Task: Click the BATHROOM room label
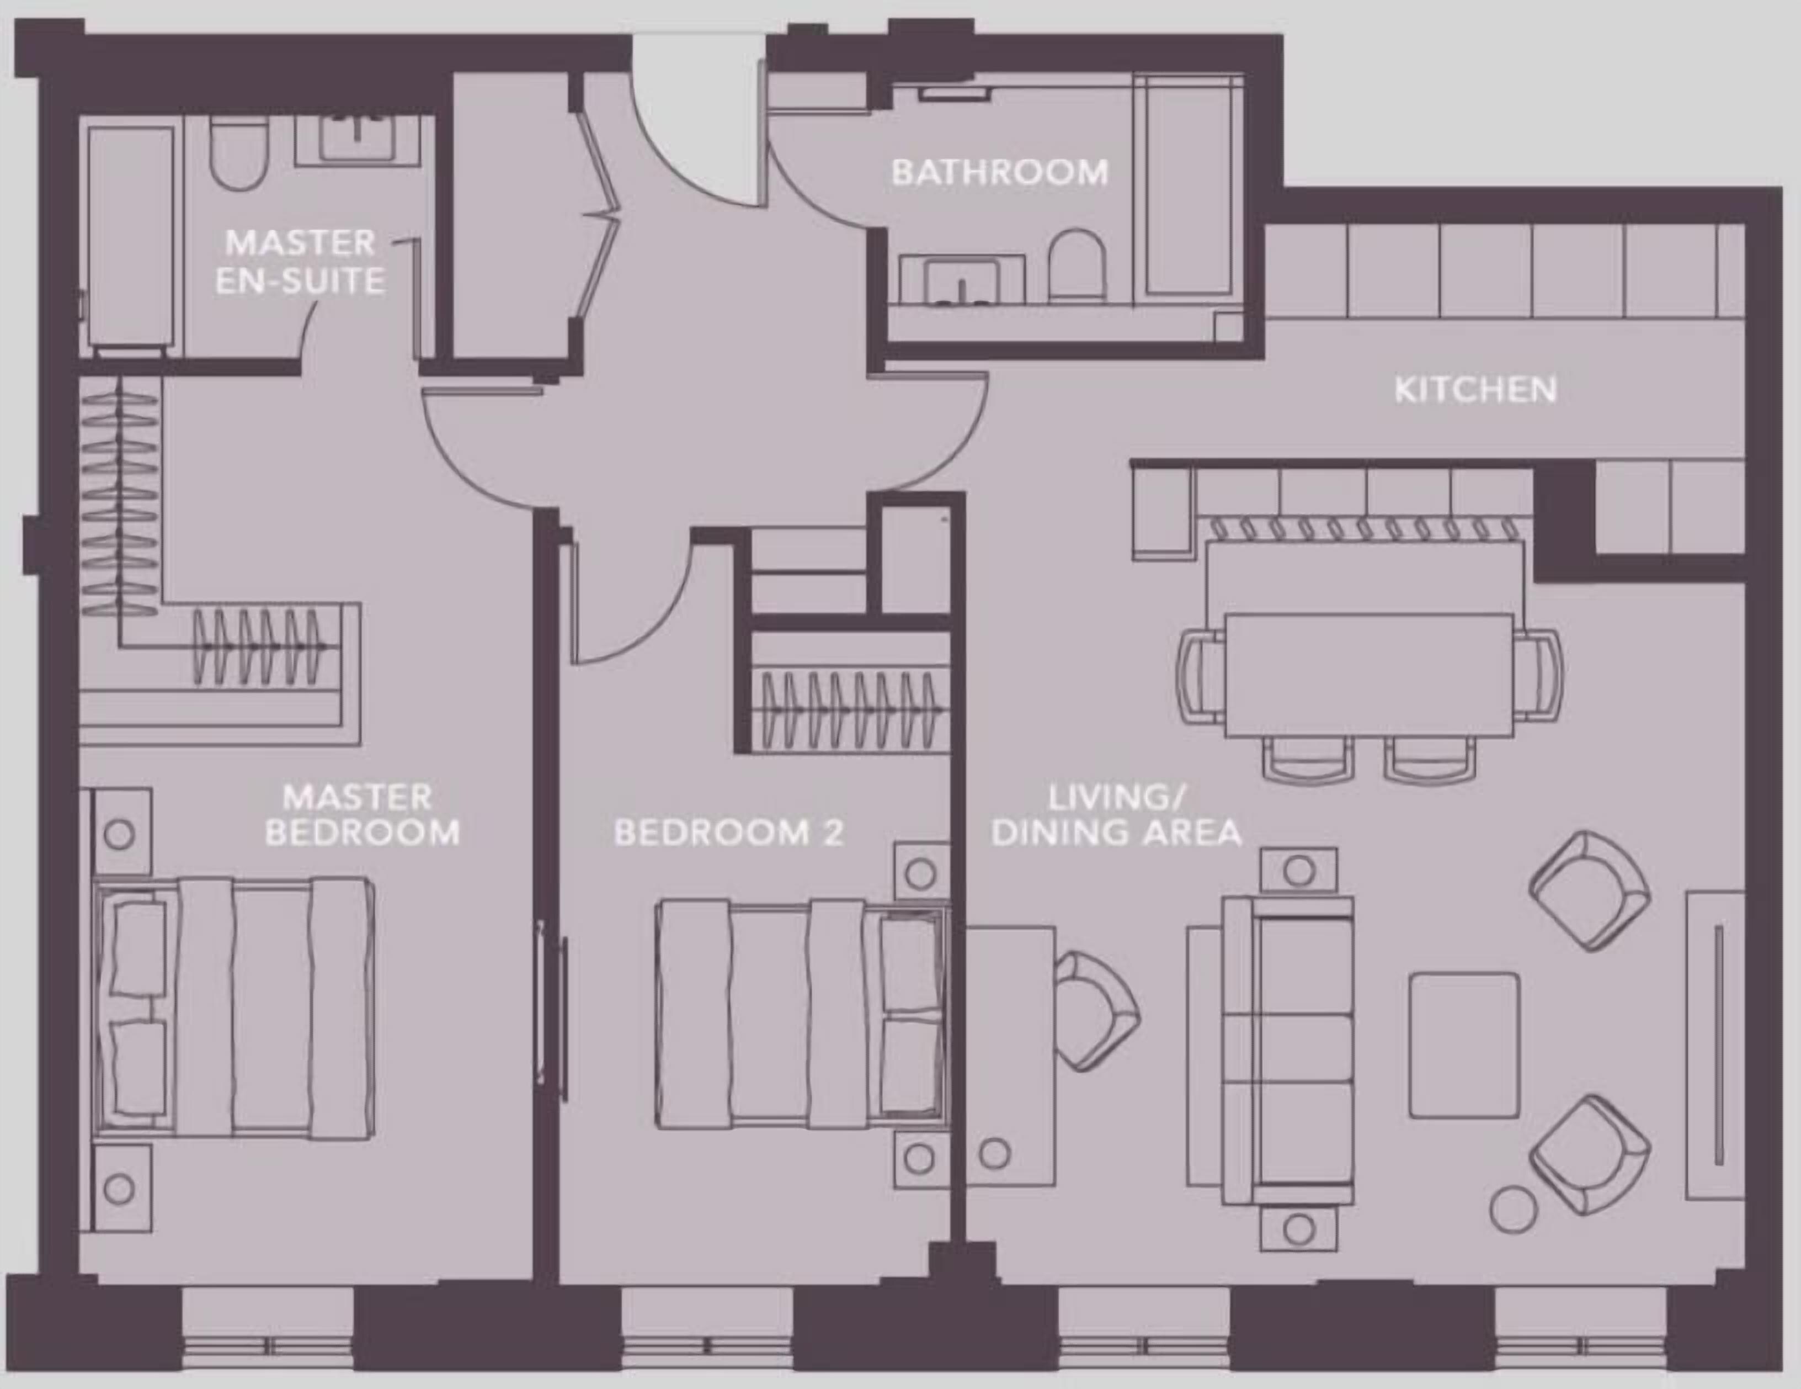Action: click(x=999, y=172)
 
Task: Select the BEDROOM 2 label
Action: click(x=729, y=833)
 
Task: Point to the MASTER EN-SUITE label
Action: click(x=300, y=262)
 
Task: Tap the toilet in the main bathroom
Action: click(x=1076, y=264)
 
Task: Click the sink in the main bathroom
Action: click(x=961, y=280)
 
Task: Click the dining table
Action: click(x=1369, y=674)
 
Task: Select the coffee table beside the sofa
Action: click(x=1464, y=1045)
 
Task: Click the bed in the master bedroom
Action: click(x=235, y=1008)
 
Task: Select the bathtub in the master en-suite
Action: click(x=130, y=237)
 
